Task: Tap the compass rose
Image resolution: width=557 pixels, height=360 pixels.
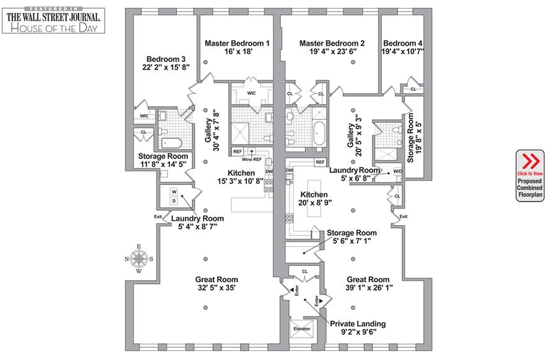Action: coord(140,259)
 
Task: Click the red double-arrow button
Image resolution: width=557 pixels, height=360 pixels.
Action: coord(530,161)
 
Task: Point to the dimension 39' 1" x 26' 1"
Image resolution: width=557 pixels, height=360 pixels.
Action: coord(368,288)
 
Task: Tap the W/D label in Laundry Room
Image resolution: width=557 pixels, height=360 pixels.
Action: coord(397,172)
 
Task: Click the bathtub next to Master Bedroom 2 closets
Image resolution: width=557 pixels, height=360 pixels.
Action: coord(320,133)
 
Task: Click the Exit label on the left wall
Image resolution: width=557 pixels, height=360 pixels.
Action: coord(158,216)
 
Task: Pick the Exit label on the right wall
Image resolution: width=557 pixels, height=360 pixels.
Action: coord(404,216)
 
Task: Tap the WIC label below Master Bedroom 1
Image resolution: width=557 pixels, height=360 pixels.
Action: coord(251,93)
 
